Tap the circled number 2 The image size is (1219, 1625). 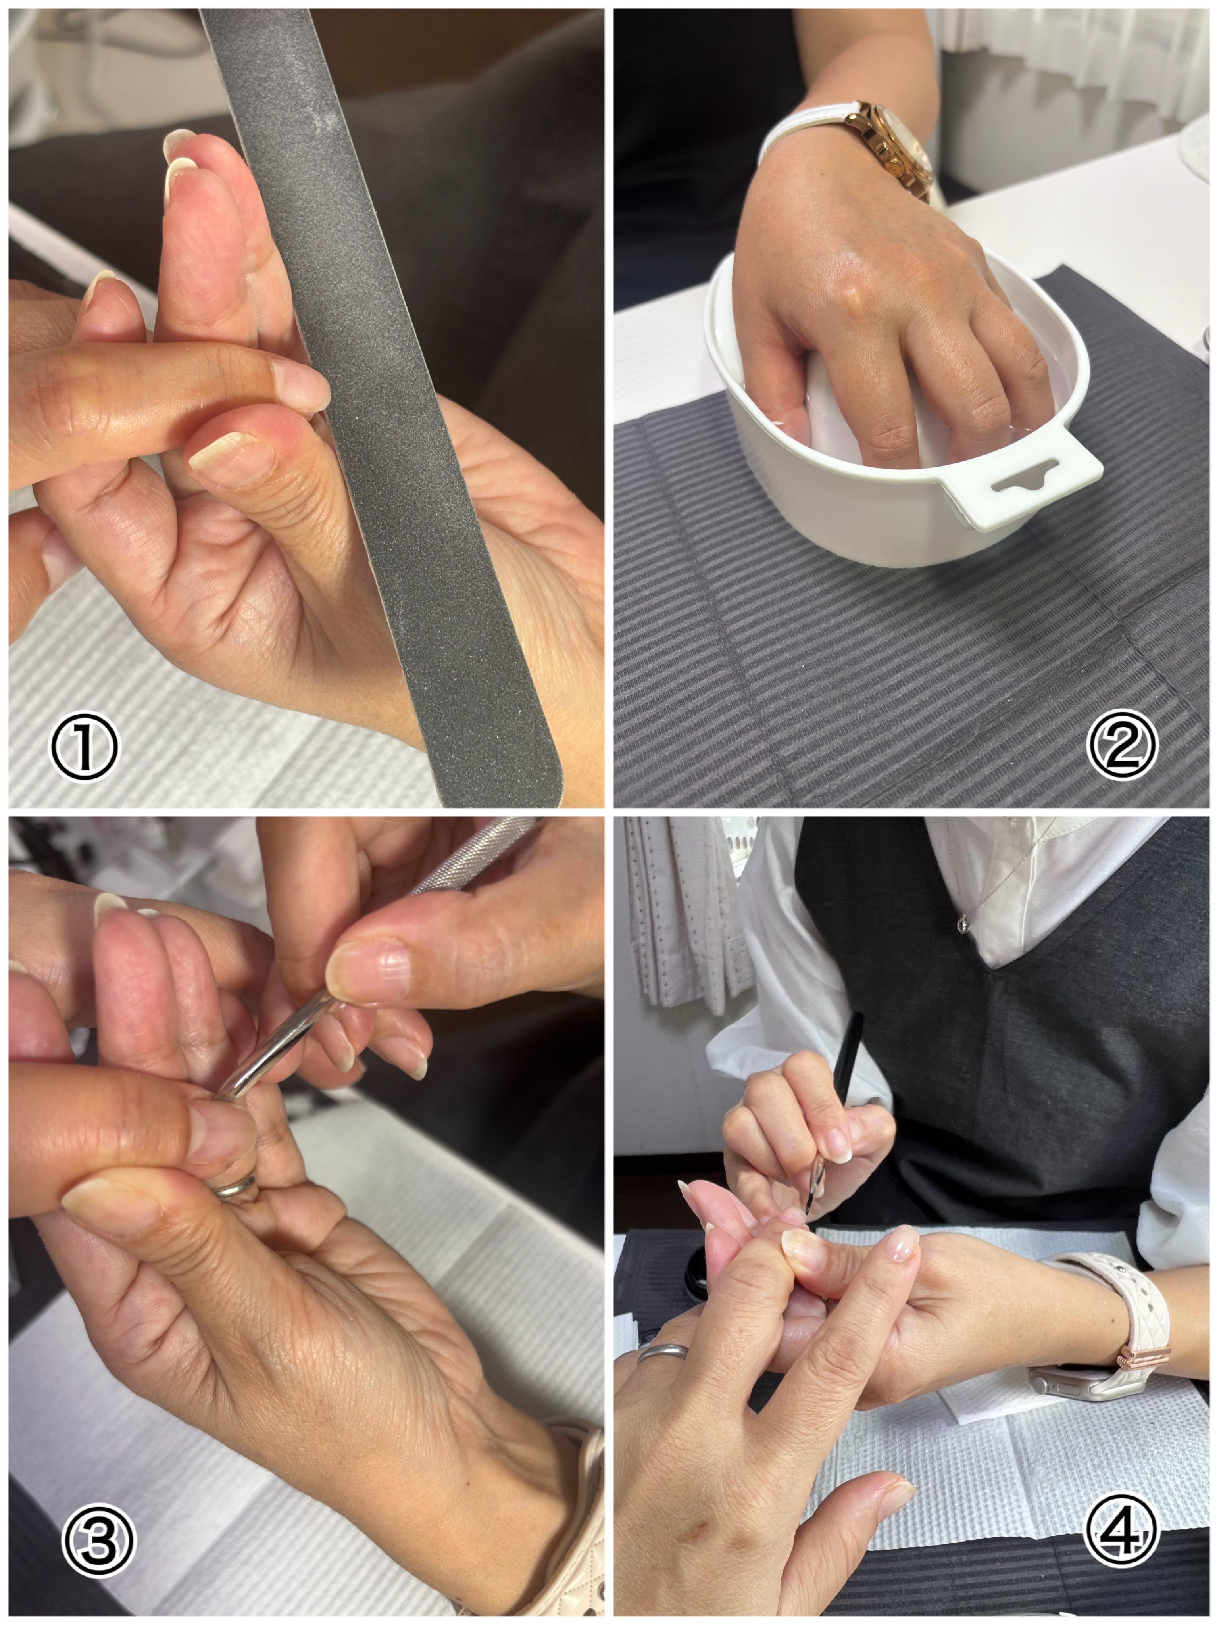(x=1122, y=743)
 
